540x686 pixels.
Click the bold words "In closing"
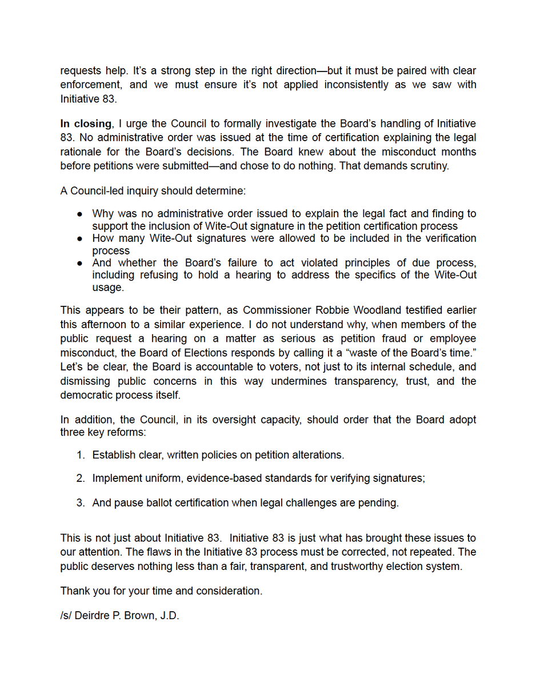[x=86, y=124]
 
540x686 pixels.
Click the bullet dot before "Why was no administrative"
[x=81, y=214]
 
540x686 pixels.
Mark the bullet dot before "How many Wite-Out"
[x=81, y=238]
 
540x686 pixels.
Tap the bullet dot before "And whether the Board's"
[x=81, y=264]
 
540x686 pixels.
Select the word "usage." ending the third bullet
[x=108, y=288]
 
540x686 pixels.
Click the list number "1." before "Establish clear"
[x=81, y=456]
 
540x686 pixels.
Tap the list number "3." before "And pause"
[x=81, y=503]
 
